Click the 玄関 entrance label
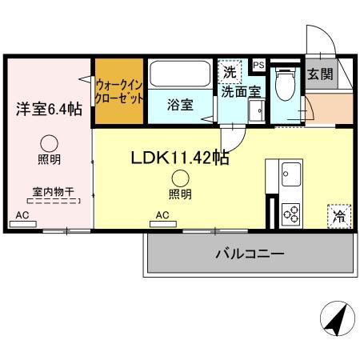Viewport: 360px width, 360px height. pyautogui.click(x=320, y=74)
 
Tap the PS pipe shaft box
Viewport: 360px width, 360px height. pyautogui.click(x=258, y=65)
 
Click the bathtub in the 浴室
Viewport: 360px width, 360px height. pyautogui.click(x=180, y=74)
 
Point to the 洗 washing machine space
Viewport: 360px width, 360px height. pyautogui.click(x=230, y=72)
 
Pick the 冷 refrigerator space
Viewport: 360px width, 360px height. pyautogui.click(x=339, y=216)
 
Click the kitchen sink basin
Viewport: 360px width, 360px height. pyautogui.click(x=291, y=174)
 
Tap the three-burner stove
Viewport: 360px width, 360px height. pyautogui.click(x=290, y=214)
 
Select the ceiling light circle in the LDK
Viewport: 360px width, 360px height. pyautogui.click(x=181, y=178)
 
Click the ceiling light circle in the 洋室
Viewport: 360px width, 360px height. pyautogui.click(x=49, y=144)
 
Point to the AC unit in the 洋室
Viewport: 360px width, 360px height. pyautogui.click(x=23, y=224)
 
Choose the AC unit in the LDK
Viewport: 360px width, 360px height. pyautogui.click(x=163, y=224)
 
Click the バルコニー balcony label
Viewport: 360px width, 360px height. pyautogui.click(x=250, y=254)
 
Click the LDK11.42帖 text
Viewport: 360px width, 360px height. pyautogui.click(x=180, y=158)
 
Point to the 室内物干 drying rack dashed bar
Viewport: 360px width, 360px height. pyautogui.click(x=54, y=201)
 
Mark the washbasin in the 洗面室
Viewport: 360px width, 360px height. pyautogui.click(x=257, y=110)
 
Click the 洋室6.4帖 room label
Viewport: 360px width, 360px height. pyautogui.click(x=49, y=109)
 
